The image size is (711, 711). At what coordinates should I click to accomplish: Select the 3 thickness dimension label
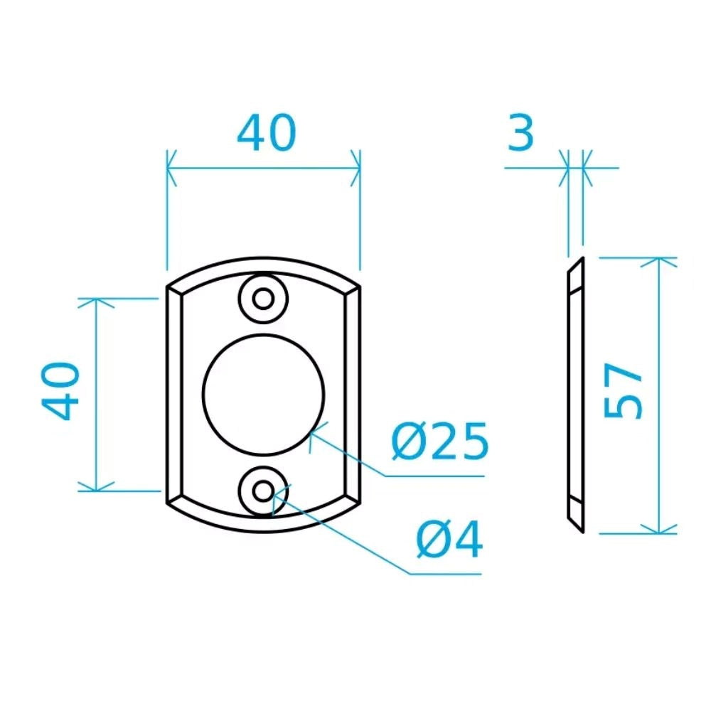(520, 133)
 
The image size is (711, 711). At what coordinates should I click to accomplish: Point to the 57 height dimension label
(624, 393)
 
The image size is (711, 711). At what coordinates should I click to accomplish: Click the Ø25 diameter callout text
(440, 442)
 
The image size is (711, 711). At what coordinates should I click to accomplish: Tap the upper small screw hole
(264, 298)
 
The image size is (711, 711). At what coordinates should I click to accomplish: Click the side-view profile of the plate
(574, 395)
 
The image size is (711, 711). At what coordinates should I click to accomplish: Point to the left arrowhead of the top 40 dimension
(171, 169)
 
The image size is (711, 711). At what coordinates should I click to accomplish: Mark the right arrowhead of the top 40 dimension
(355, 169)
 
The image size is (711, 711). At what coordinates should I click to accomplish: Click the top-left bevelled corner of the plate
(173, 288)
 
